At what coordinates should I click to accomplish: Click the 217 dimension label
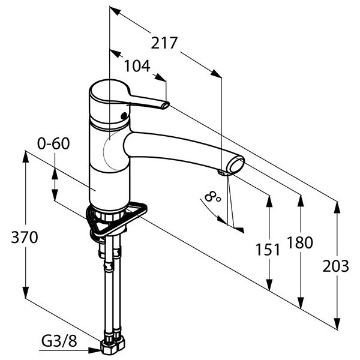click(x=164, y=43)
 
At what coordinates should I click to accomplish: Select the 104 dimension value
click(x=137, y=66)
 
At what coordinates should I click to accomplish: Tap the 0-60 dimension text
click(x=53, y=143)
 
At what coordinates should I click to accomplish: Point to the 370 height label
click(x=25, y=237)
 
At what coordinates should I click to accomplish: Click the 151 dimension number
click(x=268, y=250)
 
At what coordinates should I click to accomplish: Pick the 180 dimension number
click(x=300, y=242)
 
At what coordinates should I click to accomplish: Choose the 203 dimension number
click(x=335, y=266)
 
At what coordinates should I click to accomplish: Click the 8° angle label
click(x=212, y=197)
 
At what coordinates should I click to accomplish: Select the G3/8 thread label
click(x=59, y=341)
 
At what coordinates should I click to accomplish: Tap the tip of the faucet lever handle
click(x=166, y=105)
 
